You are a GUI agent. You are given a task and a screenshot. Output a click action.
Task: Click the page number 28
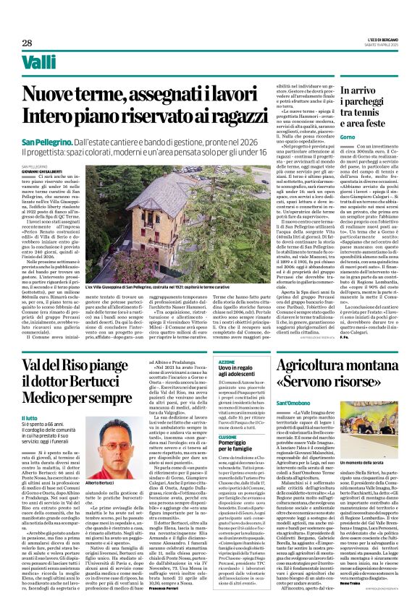(x=28, y=43)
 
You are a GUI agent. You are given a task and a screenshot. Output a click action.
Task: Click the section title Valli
(x=39, y=63)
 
